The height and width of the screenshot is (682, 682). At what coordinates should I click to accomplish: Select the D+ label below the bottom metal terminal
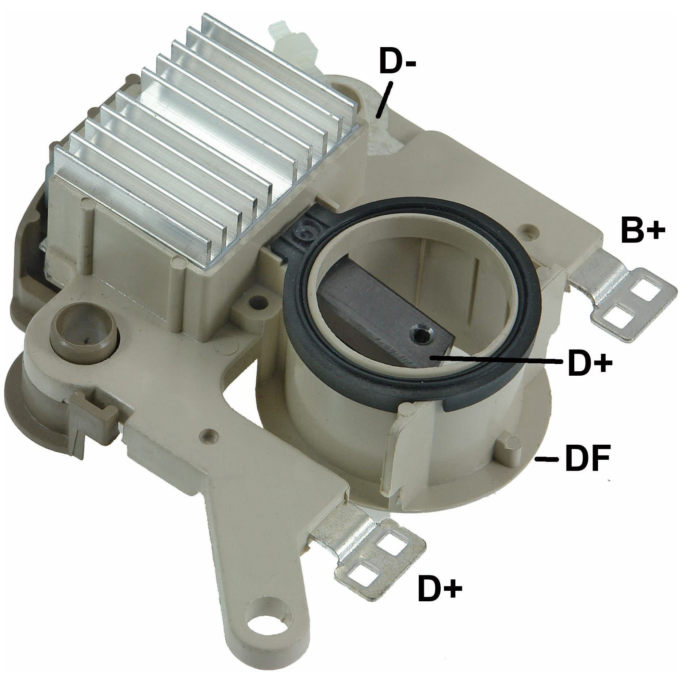[440, 589]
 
